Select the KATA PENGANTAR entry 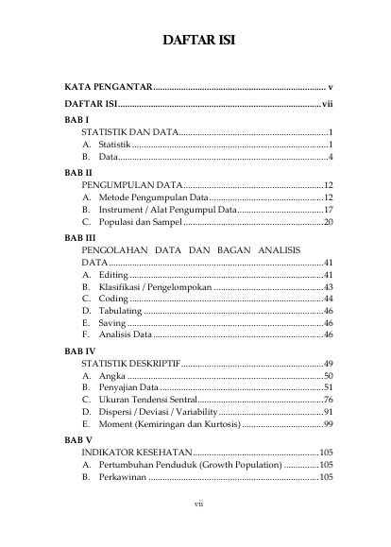coord(101,87)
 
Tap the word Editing coord(114,274)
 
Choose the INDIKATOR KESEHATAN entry coord(137,453)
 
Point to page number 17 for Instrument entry coord(328,209)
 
